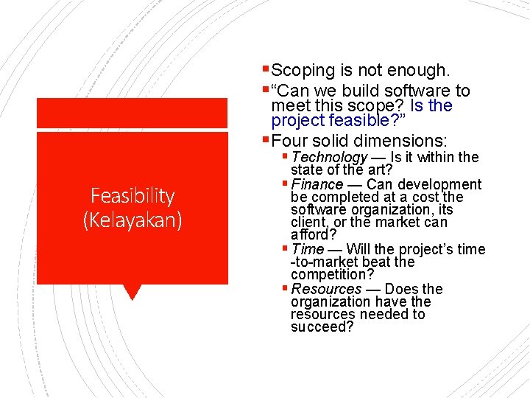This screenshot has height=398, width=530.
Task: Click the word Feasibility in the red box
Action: (x=132, y=196)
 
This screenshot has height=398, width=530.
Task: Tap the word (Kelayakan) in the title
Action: (x=132, y=220)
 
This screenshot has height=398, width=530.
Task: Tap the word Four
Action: (x=290, y=141)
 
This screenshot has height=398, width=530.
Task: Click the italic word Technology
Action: (x=329, y=157)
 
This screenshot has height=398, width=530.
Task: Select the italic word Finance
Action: (x=317, y=184)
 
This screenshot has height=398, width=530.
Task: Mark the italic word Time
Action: (x=307, y=249)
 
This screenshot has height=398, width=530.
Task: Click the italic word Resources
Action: (x=326, y=289)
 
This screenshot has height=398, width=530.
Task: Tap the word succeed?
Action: (x=322, y=327)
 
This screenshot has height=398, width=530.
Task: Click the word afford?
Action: (x=314, y=235)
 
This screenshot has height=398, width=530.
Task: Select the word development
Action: (x=439, y=184)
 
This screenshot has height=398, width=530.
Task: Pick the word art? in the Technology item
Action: (x=373, y=170)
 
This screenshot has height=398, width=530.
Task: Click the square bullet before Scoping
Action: (x=266, y=71)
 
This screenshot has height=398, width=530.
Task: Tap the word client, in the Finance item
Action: (x=310, y=222)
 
